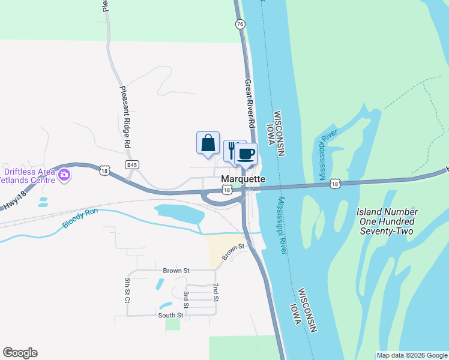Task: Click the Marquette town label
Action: click(x=243, y=179)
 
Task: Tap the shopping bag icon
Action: click(x=208, y=143)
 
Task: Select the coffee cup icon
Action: click(x=246, y=155)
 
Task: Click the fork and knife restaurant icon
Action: click(x=233, y=150)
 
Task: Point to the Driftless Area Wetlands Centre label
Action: click(x=28, y=175)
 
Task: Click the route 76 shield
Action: click(x=240, y=24)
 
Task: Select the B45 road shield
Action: click(x=132, y=163)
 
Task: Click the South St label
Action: click(x=170, y=315)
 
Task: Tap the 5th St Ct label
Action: click(x=127, y=290)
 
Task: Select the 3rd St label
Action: click(x=186, y=299)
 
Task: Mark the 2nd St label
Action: click(x=215, y=293)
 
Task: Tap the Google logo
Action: click(x=20, y=353)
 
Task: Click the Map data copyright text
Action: click(x=412, y=355)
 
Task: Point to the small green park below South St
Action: click(x=173, y=324)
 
